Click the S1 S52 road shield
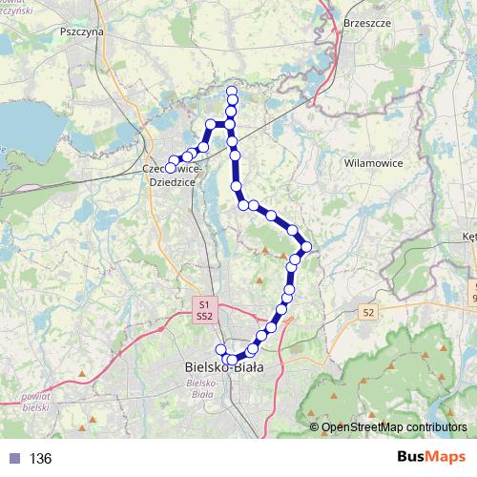203,309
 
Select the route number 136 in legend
40,459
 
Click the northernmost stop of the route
231,92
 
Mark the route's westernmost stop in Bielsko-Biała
220,349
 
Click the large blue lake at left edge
14,124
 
